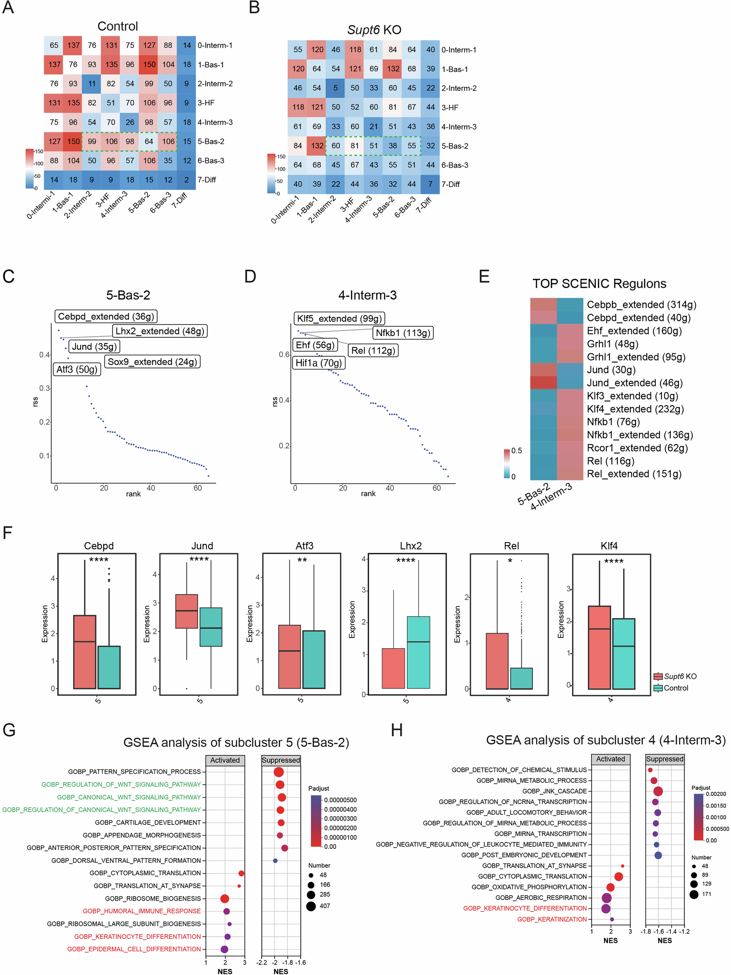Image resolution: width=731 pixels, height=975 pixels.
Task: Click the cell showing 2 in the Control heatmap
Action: click(x=187, y=180)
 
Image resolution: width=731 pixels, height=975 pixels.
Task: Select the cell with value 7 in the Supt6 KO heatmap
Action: click(x=430, y=184)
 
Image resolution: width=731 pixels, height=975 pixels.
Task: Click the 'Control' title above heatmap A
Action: click(x=117, y=27)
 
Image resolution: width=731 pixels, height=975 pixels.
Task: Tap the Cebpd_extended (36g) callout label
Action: click(x=106, y=316)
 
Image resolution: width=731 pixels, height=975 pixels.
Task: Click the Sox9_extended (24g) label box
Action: click(x=152, y=362)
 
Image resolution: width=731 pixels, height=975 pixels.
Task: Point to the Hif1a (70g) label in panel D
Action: click(x=318, y=363)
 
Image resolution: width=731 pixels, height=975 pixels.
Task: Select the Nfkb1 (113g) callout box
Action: click(x=403, y=333)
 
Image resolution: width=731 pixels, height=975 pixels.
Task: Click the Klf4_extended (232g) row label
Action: click(x=635, y=409)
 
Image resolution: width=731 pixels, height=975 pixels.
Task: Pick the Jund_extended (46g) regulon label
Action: click(x=634, y=383)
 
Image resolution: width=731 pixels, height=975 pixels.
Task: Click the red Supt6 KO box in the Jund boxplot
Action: click(x=187, y=611)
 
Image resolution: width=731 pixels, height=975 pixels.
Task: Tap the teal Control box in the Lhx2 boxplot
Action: click(x=418, y=652)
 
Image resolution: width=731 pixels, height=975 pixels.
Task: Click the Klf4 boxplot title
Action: click(x=609, y=546)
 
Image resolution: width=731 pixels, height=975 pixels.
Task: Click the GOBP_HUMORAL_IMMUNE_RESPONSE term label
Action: click(x=141, y=911)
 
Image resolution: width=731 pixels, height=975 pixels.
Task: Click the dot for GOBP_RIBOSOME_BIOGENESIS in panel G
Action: click(x=224, y=898)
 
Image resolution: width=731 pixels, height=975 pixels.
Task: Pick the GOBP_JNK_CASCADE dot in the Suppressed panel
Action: click(x=658, y=791)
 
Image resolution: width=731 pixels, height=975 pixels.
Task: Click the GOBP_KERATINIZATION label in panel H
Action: click(x=552, y=919)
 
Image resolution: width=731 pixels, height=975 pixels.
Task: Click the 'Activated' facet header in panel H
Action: click(x=610, y=759)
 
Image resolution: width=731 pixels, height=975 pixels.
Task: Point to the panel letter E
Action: click(x=484, y=276)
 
